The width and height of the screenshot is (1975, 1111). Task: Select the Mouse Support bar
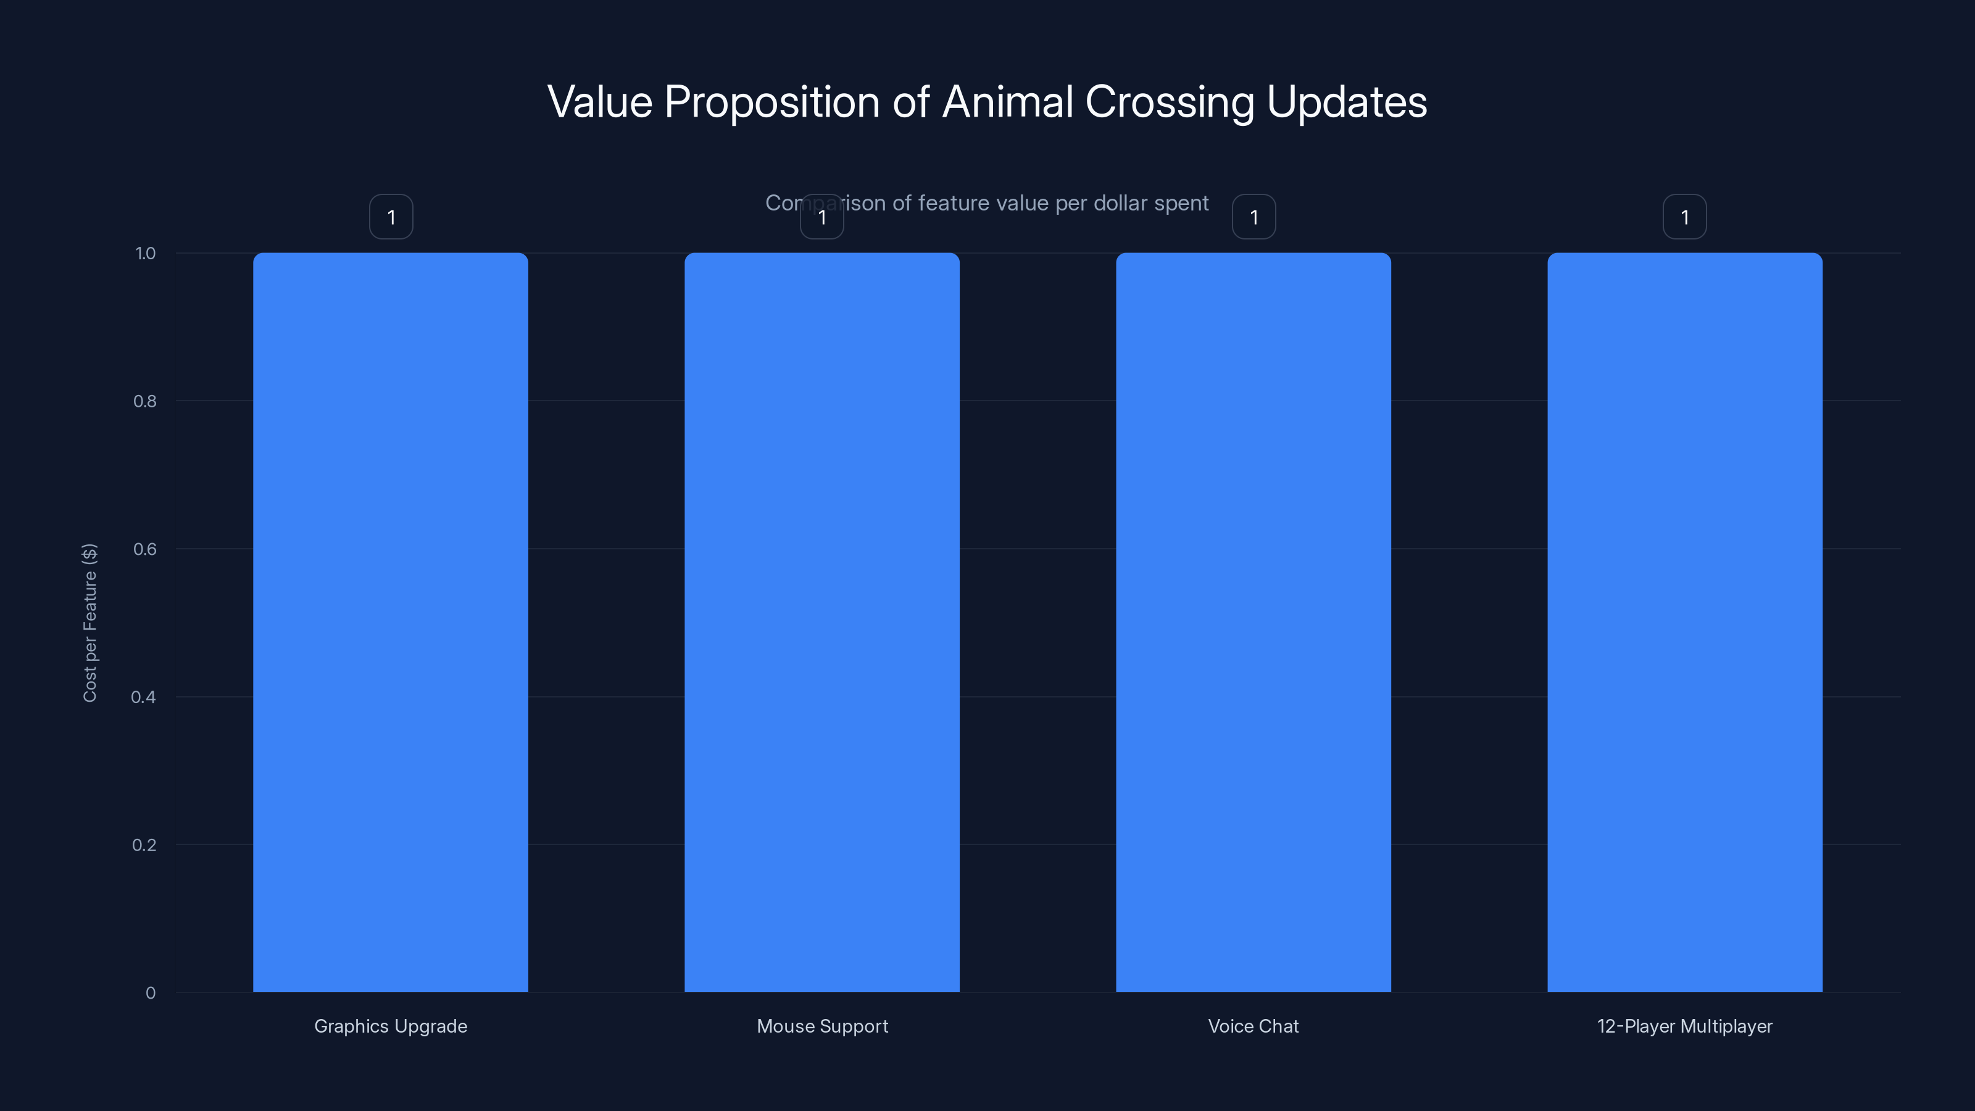pyautogui.click(x=822, y=622)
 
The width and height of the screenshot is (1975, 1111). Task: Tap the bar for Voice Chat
pyautogui.click(x=1254, y=622)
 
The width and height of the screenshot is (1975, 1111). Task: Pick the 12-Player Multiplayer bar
pyautogui.click(x=1684, y=622)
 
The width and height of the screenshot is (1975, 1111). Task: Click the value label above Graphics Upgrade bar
pyautogui.click(x=391, y=217)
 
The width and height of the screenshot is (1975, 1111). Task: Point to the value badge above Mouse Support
pyautogui.click(x=822, y=217)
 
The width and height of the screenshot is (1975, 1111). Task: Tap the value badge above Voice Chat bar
pyautogui.click(x=1254, y=217)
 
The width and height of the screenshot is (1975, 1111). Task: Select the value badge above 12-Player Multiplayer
pyautogui.click(x=1684, y=217)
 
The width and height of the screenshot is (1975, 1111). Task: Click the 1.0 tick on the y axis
pyautogui.click(x=145, y=253)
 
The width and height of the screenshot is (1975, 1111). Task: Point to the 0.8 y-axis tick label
pyautogui.click(x=144, y=401)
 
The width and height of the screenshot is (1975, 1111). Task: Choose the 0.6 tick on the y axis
pyautogui.click(x=144, y=549)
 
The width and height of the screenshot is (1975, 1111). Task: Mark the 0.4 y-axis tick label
pyautogui.click(x=143, y=697)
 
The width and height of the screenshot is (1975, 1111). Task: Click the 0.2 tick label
pyautogui.click(x=144, y=845)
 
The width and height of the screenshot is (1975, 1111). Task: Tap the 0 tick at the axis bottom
pyautogui.click(x=150, y=993)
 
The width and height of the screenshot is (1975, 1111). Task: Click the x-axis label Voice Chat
pyautogui.click(x=1254, y=1026)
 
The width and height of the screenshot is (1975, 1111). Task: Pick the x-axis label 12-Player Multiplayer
pyautogui.click(x=1684, y=1026)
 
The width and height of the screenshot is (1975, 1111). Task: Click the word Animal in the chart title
pyautogui.click(x=1007, y=102)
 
